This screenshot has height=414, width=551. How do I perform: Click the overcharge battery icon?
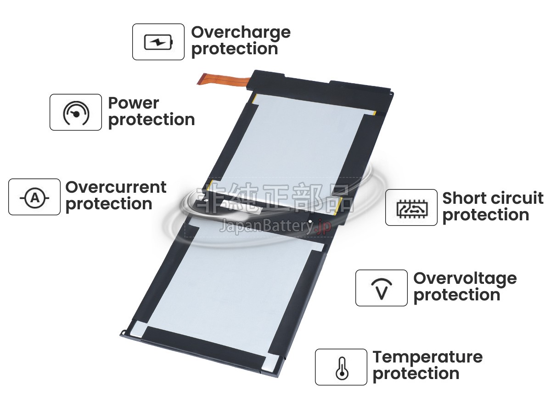point(158,42)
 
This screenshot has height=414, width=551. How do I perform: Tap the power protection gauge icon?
point(76,113)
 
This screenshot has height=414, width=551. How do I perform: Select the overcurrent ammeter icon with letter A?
point(34,198)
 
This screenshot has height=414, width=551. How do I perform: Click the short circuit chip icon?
point(412,209)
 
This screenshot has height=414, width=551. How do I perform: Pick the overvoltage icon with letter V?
point(382,289)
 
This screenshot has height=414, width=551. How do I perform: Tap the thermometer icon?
point(342,368)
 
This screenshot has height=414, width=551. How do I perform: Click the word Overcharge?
point(241,33)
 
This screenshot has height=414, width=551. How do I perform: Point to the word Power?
point(134,103)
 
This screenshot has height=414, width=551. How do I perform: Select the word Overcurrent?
point(116,187)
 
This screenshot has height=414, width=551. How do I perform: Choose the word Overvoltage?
point(465,279)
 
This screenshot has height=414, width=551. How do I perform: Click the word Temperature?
point(427,358)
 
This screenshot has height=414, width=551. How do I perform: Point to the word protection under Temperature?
point(416,374)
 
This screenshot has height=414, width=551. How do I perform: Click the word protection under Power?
point(152,120)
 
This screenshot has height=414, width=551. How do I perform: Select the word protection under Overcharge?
point(235,49)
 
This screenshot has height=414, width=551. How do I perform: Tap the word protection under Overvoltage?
point(457,295)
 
